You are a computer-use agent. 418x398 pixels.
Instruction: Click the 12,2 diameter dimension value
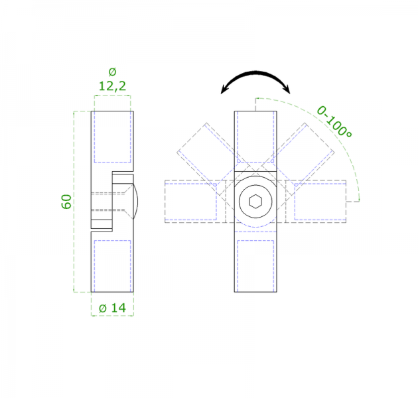coord(112,86)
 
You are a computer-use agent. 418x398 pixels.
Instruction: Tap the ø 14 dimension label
coord(112,308)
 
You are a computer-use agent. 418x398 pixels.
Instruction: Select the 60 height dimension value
coord(66,202)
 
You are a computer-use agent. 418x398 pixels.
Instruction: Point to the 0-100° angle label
coord(334,121)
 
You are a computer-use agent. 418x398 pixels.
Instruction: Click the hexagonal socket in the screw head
coord(255,201)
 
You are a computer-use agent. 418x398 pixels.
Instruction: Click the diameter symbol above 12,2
coord(113,72)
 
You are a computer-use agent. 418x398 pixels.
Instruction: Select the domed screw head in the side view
coord(135,201)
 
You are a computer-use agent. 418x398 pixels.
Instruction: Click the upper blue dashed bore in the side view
coord(112,137)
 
